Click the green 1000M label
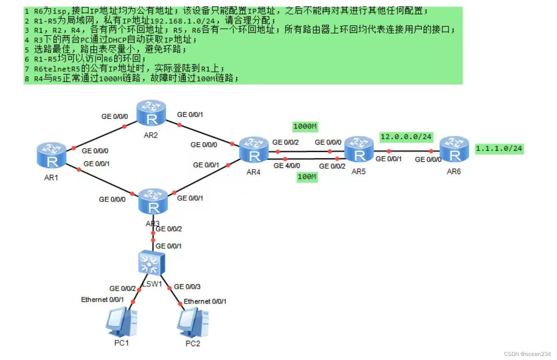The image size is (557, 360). coord(305,127)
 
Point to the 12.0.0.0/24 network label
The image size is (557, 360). coord(406,136)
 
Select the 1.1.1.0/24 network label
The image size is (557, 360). coord(499,149)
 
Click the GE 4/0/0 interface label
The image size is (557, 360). coord(287,166)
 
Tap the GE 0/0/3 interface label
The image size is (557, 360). coord(187,287)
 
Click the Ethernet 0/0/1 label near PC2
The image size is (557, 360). coord(205,301)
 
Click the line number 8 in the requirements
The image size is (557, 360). coord(27,78)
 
